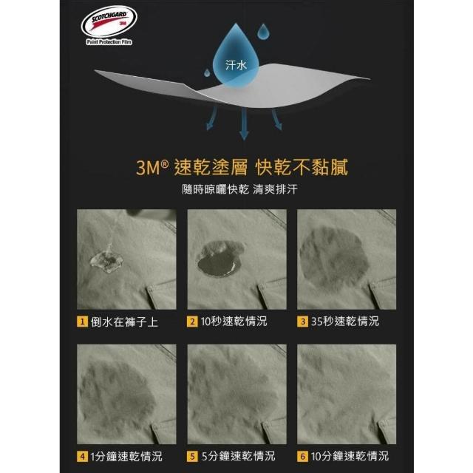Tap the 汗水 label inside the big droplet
coord(236,65)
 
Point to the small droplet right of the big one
coord(263,31)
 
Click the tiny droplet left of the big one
coord(207,72)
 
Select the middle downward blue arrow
coord(244,123)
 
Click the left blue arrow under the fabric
coord(211,118)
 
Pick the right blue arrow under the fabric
coord(277,119)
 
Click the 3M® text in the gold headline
coord(152,167)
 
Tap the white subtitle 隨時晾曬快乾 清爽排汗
coord(239,189)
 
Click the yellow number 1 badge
coord(82,321)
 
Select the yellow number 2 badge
coord(192,321)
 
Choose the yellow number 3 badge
coord(302,321)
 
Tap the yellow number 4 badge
coord(82,456)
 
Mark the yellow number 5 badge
coord(192,456)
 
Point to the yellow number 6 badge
coord(302,456)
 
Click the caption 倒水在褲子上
coord(124,322)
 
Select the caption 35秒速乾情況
coord(345,321)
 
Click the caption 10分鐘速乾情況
coord(350,456)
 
